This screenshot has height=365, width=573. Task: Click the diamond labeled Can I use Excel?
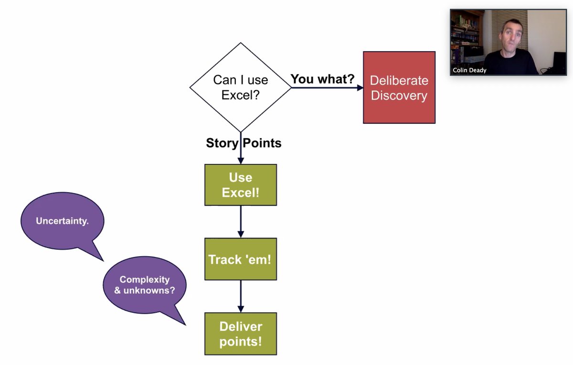click(x=240, y=87)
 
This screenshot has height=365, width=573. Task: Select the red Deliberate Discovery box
click(x=399, y=87)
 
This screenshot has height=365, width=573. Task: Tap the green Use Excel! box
click(x=240, y=185)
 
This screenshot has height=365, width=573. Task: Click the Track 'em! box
click(x=240, y=259)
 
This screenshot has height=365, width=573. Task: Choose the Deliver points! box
click(x=240, y=333)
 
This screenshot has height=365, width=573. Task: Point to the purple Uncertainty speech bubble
click(x=62, y=221)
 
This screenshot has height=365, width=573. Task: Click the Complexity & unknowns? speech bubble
click(x=144, y=284)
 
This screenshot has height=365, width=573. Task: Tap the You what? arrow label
click(x=322, y=79)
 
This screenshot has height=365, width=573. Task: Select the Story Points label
click(x=244, y=143)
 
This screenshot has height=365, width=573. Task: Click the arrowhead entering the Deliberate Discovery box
click(x=359, y=88)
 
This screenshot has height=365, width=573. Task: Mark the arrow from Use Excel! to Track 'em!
click(x=240, y=222)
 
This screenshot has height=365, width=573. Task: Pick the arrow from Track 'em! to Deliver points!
click(x=240, y=296)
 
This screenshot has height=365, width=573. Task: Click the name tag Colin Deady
click(x=469, y=70)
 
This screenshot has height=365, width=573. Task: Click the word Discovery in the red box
click(x=399, y=96)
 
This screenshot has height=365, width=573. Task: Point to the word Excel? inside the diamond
click(x=240, y=95)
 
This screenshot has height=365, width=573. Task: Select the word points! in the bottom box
click(x=240, y=342)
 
